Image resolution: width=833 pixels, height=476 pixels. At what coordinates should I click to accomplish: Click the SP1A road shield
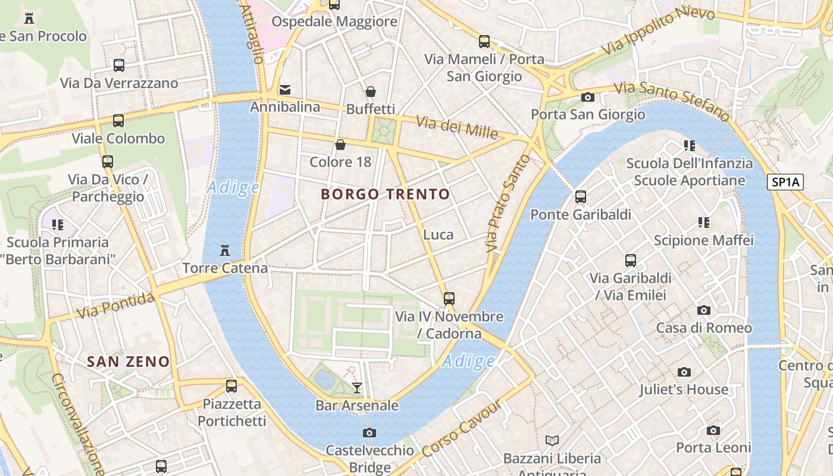coord(785,183)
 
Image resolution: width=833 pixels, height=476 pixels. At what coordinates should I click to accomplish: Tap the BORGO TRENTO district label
coord(386,194)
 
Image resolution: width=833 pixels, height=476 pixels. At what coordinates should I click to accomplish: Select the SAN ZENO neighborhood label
coord(128,361)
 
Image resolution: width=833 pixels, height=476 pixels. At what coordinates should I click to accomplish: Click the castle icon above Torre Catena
coord(225,250)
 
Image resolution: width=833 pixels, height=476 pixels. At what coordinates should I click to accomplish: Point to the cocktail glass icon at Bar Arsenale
coord(357,388)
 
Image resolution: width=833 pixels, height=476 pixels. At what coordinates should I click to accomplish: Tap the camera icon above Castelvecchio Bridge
coord(369,433)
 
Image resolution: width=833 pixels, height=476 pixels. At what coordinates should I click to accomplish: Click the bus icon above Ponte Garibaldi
coord(581,196)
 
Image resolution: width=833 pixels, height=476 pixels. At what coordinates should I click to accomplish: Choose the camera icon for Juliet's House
coord(684,372)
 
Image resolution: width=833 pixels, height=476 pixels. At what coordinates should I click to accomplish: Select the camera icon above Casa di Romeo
coord(704,310)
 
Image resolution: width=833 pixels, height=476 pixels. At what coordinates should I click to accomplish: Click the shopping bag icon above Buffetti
coord(371,92)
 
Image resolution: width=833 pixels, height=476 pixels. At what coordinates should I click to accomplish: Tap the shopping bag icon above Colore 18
coord(340,144)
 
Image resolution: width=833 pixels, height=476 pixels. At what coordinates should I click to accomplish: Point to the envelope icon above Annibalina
coord(285,90)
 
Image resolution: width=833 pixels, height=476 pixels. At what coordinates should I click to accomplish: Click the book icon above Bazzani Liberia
coord(552,440)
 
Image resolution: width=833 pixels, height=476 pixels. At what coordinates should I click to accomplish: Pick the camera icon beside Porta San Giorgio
coord(588,97)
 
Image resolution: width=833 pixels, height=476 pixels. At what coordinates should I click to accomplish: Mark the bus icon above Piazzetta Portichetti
coord(231,386)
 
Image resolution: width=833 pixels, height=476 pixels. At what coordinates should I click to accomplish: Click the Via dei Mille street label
coord(456,127)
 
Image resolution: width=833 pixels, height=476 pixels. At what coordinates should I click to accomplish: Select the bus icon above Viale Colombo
coord(118,121)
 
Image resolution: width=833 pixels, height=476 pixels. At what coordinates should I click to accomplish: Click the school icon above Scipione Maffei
coord(704,223)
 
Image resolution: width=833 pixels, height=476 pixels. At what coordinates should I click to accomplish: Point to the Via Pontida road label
coord(116,305)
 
